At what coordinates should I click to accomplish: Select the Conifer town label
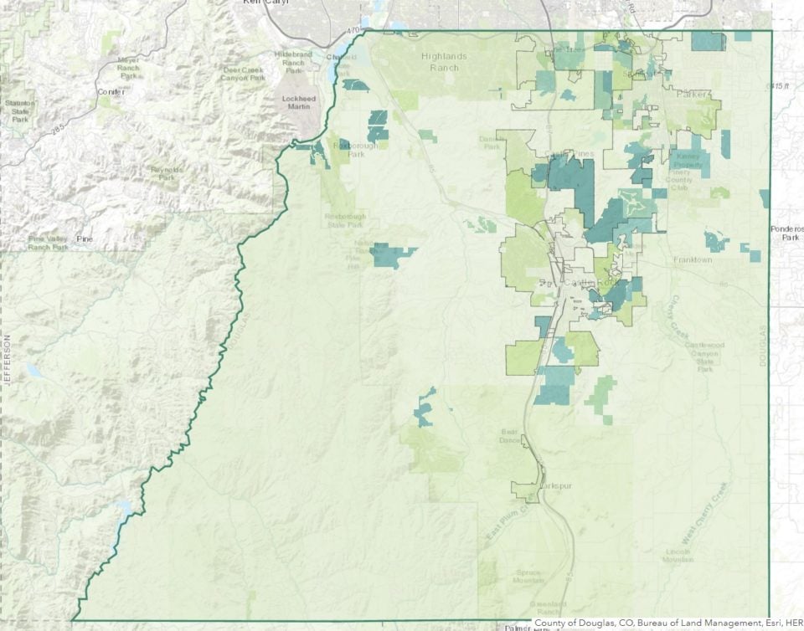[x=110, y=91]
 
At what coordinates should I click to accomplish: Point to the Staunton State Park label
[x=20, y=110]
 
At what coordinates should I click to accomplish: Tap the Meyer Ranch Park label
[x=128, y=67]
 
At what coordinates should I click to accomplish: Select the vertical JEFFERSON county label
[x=6, y=361]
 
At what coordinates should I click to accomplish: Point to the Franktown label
[x=693, y=260]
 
